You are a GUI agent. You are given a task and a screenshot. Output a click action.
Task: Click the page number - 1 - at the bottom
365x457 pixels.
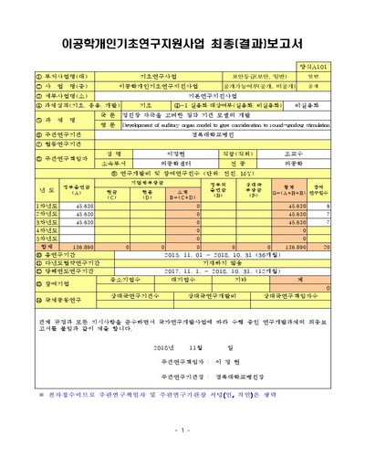(x=183, y=429)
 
